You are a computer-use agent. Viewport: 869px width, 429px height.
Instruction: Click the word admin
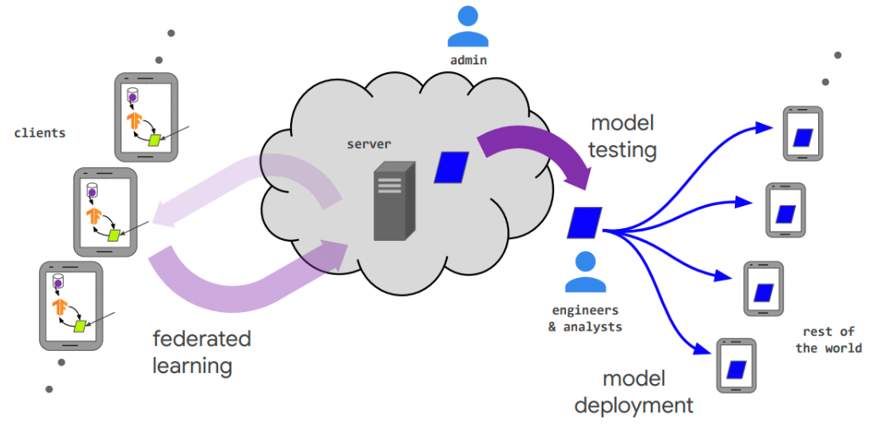pyautogui.click(x=468, y=60)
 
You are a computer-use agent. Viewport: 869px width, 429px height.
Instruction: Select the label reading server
pyautogui.click(x=368, y=144)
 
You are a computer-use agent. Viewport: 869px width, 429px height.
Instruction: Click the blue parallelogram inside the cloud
pyautogui.click(x=451, y=167)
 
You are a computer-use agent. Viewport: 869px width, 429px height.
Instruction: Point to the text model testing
pyautogui.click(x=623, y=136)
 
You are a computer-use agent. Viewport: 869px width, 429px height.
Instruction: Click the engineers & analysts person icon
pyautogui.click(x=586, y=272)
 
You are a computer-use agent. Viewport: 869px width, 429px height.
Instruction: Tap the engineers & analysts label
pyautogui.click(x=586, y=318)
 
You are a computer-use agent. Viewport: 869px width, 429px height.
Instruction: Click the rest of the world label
pyautogui.click(x=828, y=339)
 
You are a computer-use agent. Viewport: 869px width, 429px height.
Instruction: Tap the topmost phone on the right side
pyautogui.click(x=803, y=134)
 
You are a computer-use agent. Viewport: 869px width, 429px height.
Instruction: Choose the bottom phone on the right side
pyautogui.click(x=736, y=365)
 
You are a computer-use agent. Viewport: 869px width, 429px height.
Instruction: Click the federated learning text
pyautogui.click(x=202, y=353)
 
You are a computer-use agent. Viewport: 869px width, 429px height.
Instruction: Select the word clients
pyautogui.click(x=40, y=133)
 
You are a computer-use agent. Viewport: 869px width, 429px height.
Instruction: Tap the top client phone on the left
pyautogui.click(x=146, y=117)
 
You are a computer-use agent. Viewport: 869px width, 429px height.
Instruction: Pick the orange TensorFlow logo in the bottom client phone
pyautogui.click(x=60, y=305)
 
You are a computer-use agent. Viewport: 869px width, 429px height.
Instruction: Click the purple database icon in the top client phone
pyautogui.click(x=132, y=95)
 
